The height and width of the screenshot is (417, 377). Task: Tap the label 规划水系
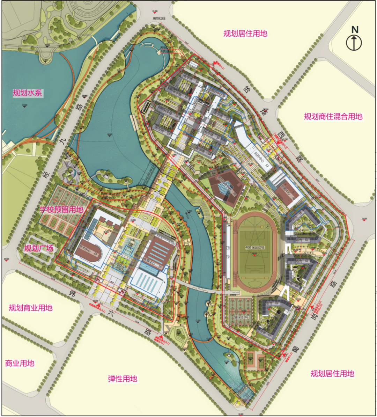pos(27,93)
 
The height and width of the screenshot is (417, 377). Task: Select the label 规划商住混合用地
pos(333,117)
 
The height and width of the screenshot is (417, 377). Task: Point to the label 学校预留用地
pos(61,210)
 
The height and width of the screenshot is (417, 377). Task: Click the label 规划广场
pos(39,248)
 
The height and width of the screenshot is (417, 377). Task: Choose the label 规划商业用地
pos(31,308)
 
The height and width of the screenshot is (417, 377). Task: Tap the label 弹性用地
pos(123,379)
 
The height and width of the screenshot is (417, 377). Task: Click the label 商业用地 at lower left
pos(20,363)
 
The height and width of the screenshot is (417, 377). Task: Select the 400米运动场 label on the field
pos(255,247)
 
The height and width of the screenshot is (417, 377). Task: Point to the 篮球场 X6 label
pos(241,317)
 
